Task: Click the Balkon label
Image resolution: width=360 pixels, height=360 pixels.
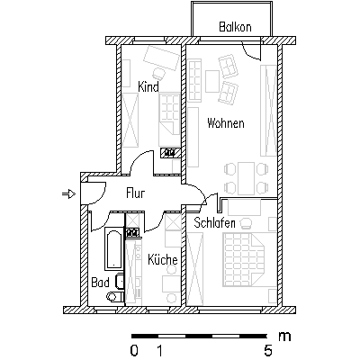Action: pyautogui.click(x=235, y=27)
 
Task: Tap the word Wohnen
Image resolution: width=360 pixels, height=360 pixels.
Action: pyautogui.click(x=226, y=123)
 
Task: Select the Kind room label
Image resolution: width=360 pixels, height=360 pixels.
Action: pyautogui.click(x=148, y=86)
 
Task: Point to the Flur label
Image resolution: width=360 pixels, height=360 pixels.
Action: pyautogui.click(x=135, y=193)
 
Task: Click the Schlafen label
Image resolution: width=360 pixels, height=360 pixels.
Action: pyautogui.click(x=214, y=223)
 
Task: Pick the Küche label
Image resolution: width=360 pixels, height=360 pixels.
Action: pyautogui.click(x=163, y=259)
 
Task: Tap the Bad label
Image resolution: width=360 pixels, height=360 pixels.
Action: pyautogui.click(x=100, y=283)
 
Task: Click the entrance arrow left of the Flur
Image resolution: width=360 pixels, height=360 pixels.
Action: pyautogui.click(x=68, y=194)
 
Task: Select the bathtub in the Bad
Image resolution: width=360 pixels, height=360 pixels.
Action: pyautogui.click(x=113, y=248)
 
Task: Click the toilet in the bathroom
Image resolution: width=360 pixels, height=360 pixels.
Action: pyautogui.click(x=114, y=296)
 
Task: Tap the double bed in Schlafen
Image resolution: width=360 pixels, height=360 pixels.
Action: pyautogui.click(x=243, y=259)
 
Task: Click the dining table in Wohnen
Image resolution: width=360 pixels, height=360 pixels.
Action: pyautogui.click(x=246, y=178)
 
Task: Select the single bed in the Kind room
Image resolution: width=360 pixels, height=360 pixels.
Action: pyautogui.click(x=169, y=120)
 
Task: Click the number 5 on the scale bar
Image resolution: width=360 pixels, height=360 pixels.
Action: pyautogui.click(x=267, y=350)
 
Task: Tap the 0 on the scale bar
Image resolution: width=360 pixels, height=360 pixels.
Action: pyautogui.click(x=134, y=350)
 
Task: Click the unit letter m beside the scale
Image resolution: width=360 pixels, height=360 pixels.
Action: pyautogui.click(x=284, y=337)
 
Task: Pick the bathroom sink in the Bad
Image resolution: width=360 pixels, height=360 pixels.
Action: pyautogui.click(x=119, y=281)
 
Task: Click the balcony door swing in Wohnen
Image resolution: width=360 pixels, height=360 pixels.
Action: pyautogui.click(x=251, y=51)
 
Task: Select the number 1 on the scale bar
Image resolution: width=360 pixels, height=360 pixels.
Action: pyautogui.click(x=160, y=350)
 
